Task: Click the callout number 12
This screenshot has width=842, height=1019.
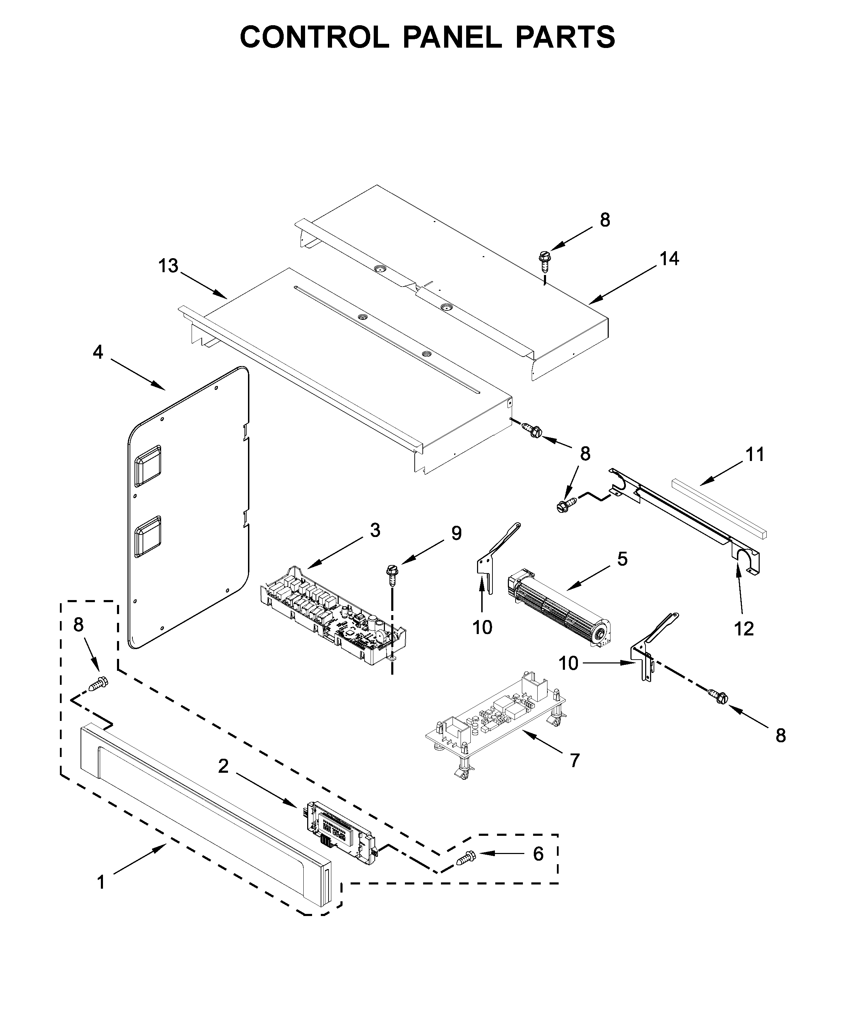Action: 744,629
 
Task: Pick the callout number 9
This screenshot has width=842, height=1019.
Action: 456,533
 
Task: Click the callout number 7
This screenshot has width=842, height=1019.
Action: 575,761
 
